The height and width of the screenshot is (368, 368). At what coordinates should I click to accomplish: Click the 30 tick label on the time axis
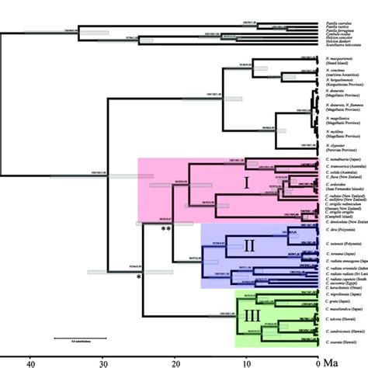tap(103, 362)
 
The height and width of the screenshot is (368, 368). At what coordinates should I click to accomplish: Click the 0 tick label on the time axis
tap(317, 362)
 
